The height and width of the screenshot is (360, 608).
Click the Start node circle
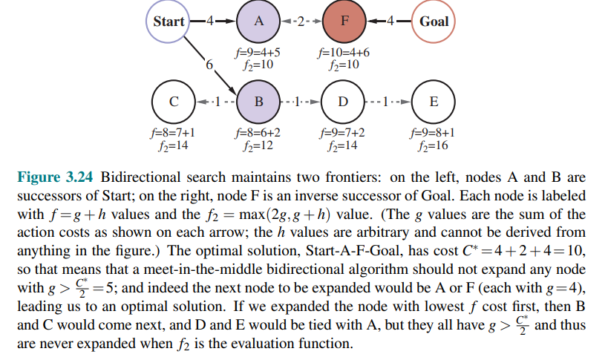tap(169, 22)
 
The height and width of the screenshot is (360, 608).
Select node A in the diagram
tap(258, 22)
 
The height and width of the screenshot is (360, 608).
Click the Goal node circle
tap(434, 22)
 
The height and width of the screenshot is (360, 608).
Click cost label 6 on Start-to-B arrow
tap(209, 66)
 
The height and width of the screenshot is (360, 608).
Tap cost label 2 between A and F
tap(301, 22)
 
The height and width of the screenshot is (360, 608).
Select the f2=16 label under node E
tap(434, 146)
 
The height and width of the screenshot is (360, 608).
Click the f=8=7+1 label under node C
tap(172, 134)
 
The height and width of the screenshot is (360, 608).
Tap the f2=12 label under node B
tap(258, 146)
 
